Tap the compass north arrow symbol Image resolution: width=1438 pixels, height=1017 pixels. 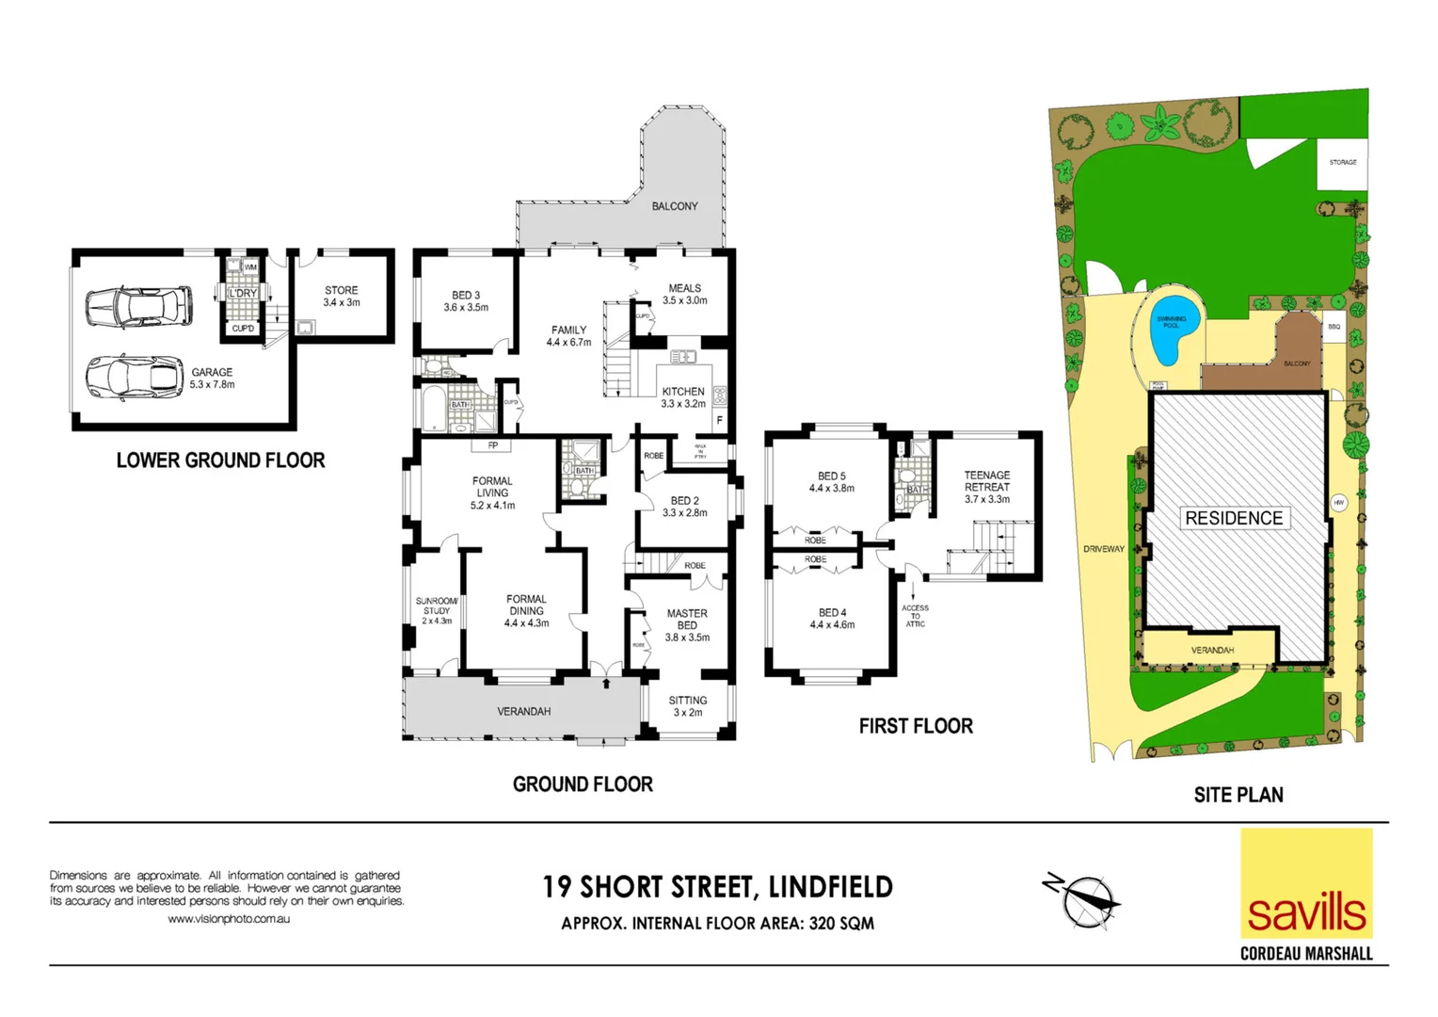point(1084,900)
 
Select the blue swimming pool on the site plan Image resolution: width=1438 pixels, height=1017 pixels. point(1173,331)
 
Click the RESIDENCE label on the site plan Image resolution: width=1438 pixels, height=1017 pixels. point(1234,518)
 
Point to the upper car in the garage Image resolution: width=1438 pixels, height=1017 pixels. point(138,306)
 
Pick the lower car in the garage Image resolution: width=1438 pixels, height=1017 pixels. point(135,379)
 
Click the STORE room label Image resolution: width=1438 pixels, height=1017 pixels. point(342,297)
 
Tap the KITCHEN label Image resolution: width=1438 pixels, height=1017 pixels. point(683,396)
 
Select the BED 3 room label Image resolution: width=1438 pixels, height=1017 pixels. point(466,301)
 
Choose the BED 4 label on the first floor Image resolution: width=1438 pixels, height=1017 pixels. point(832,619)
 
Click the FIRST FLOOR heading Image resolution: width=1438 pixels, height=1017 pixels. point(916,726)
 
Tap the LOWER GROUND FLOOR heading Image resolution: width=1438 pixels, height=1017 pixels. point(220,460)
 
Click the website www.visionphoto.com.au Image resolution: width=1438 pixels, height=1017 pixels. point(229,919)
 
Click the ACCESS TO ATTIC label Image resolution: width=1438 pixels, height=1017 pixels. point(915,616)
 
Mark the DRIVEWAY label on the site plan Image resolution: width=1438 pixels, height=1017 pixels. point(1103,549)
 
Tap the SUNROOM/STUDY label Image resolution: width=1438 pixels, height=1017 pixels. point(437,610)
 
